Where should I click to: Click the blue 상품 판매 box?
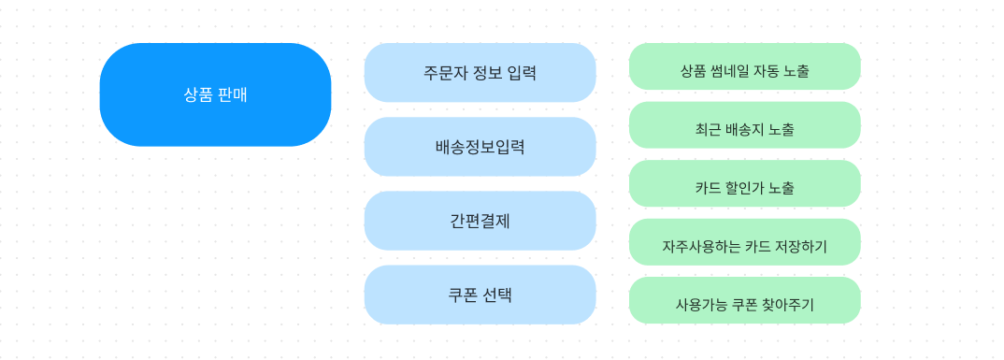coord(215,94)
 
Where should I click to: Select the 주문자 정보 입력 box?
coord(480,72)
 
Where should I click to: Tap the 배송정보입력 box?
coord(480,147)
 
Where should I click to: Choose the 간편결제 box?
coord(480,221)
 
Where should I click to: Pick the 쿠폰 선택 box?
coord(480,295)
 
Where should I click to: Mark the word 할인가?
coord(744,188)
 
